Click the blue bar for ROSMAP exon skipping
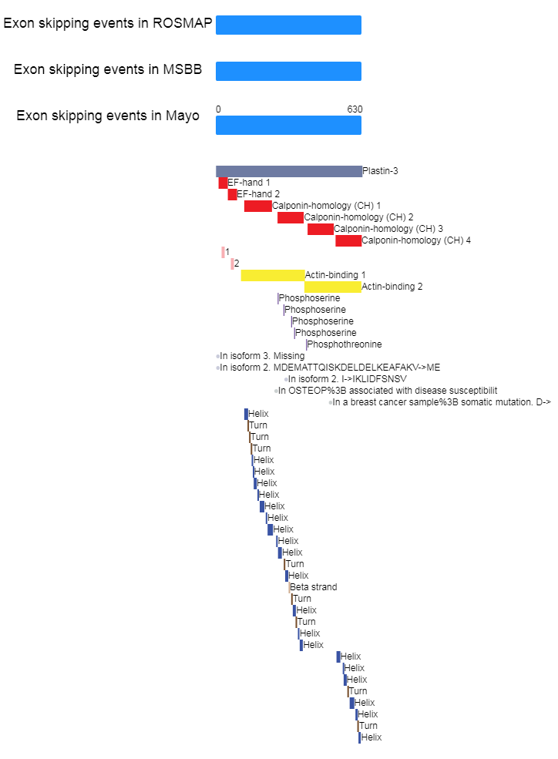coord(288,25)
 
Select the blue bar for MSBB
coord(288,71)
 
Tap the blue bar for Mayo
coord(288,126)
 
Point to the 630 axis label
coord(355,109)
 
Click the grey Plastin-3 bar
coord(289,171)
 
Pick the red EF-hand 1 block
coord(223,183)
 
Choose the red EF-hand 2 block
coord(232,195)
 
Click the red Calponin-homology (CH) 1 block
coord(258,207)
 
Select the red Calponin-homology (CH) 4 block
coord(348,240)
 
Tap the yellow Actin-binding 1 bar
coord(273,275)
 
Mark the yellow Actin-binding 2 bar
coord(333,287)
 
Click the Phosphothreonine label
coord(345,344)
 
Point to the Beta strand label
coord(314,587)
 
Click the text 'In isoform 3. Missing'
coord(262,356)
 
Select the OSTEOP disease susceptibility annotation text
coord(388,391)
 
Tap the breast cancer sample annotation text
coord(442,402)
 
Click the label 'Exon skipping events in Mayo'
coord(108,116)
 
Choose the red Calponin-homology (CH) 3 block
coord(321,229)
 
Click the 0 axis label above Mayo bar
coord(218,109)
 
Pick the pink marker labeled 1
coord(223,252)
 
